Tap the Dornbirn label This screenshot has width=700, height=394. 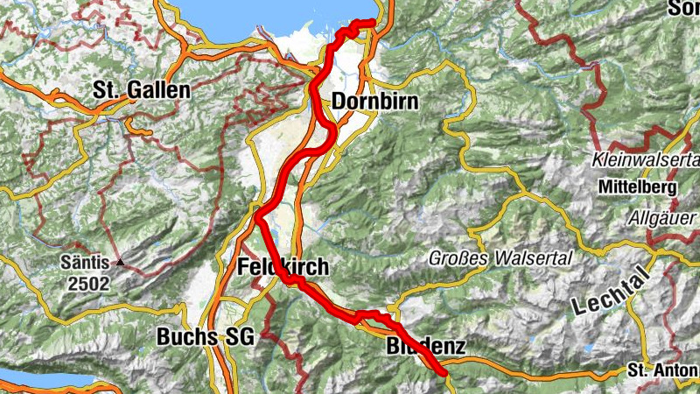pyautogui.click(x=374, y=102)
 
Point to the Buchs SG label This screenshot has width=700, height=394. pyautogui.click(x=205, y=336)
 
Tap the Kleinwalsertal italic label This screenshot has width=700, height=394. pyautogui.click(x=646, y=160)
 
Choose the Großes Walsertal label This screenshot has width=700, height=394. pyautogui.click(x=500, y=258)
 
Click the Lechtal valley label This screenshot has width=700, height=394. pyautogui.click(x=612, y=292)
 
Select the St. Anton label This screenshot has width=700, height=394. pyautogui.click(x=662, y=372)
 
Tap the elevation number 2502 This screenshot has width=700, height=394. pyautogui.click(x=91, y=283)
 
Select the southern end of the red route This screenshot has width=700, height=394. pyautogui.click(x=444, y=373)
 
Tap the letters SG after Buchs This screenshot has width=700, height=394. pyautogui.click(x=238, y=336)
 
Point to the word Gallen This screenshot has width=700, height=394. pyautogui.click(x=157, y=89)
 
